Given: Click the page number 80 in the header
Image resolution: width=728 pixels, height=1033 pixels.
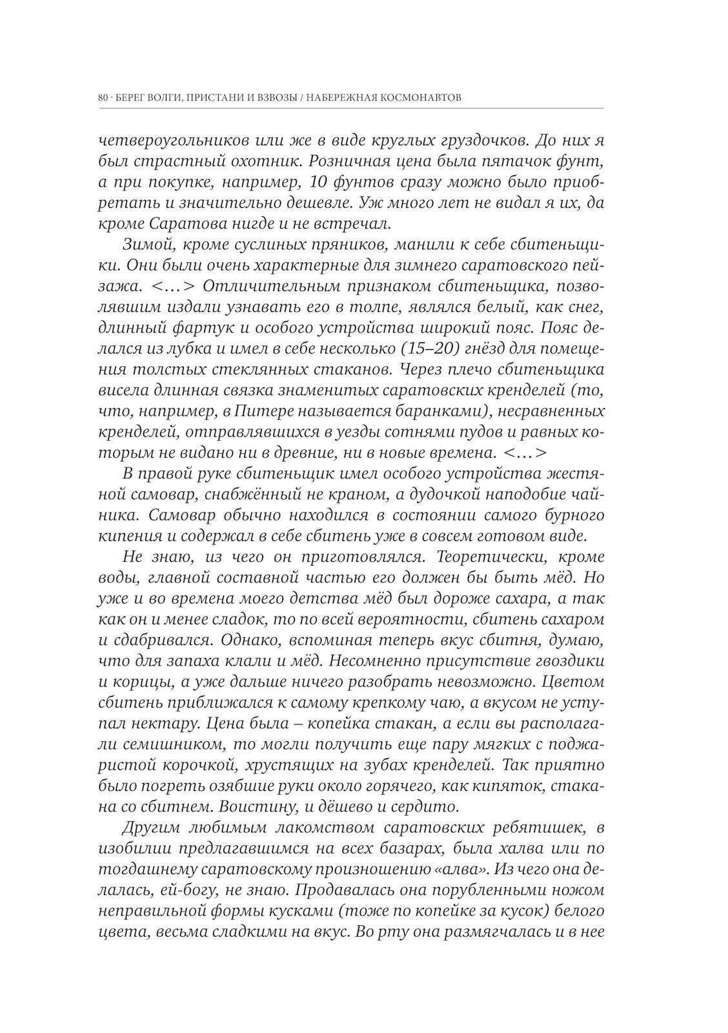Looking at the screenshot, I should click(x=103, y=97).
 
